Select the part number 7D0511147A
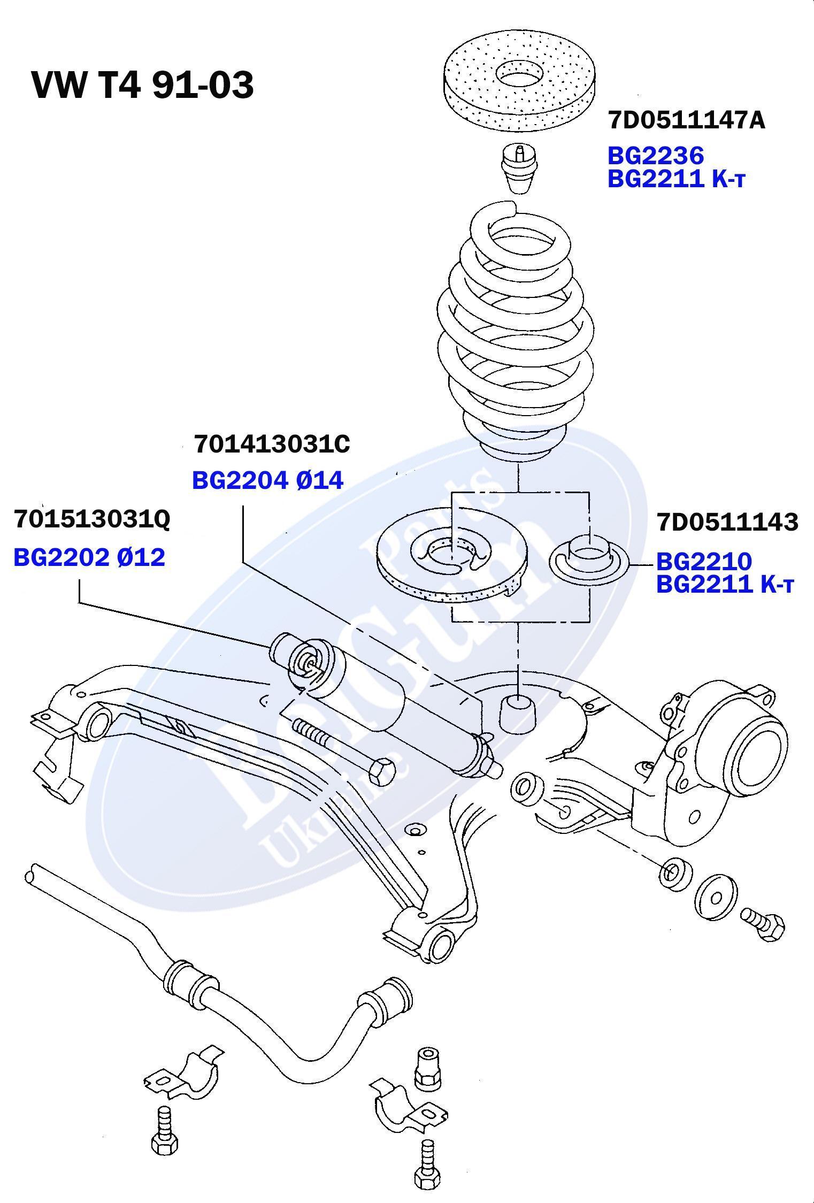coord(686,121)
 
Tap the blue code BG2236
coord(655,156)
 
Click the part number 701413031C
coord(272,444)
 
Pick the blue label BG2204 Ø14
coord(267,480)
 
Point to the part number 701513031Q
coord(92,519)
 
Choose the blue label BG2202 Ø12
coord(89,557)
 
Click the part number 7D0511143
coord(727,522)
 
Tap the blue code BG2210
coord(704,561)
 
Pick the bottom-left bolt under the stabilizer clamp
coord(164,1136)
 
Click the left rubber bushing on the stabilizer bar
coord(183,980)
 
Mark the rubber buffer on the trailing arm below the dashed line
coord(518,712)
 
